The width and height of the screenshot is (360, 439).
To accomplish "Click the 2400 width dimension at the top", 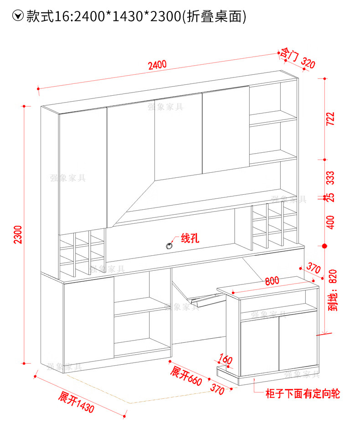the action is [157, 65].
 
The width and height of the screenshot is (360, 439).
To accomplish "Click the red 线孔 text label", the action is [190, 238].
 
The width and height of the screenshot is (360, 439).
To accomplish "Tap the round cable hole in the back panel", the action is [170, 245].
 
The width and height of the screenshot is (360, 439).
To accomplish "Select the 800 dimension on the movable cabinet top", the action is [272, 282].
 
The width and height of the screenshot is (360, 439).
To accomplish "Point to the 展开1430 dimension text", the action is [76, 402].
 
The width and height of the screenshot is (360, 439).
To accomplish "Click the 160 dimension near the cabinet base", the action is [226, 359].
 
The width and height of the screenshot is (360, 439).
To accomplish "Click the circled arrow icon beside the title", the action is [18, 16].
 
